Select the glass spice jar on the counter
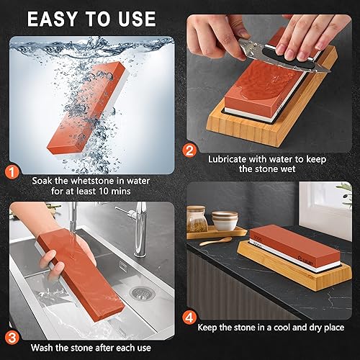pos(199,219)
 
